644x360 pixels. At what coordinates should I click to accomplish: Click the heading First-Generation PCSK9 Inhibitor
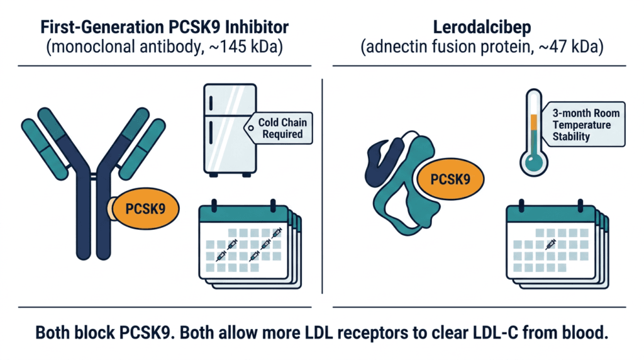[x=164, y=27]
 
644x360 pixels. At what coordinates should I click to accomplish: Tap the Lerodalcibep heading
[x=482, y=28]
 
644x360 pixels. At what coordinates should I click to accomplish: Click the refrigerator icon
[x=230, y=130]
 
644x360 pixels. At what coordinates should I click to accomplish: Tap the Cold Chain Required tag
[x=279, y=128]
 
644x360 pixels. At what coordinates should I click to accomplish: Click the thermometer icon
[x=533, y=132]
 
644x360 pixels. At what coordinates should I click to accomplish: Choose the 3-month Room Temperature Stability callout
[x=582, y=125]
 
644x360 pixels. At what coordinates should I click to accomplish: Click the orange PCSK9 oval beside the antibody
[x=145, y=209]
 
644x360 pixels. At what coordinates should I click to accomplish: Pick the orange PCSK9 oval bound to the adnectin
[x=450, y=179]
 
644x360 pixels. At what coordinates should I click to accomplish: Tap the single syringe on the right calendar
[x=550, y=244]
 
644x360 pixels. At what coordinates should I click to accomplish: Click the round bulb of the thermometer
[x=533, y=162]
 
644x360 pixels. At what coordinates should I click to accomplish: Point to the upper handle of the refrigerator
[x=211, y=103]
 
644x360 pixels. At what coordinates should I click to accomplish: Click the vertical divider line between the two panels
[x=323, y=186]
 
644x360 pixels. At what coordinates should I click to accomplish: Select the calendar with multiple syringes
[x=250, y=245]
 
